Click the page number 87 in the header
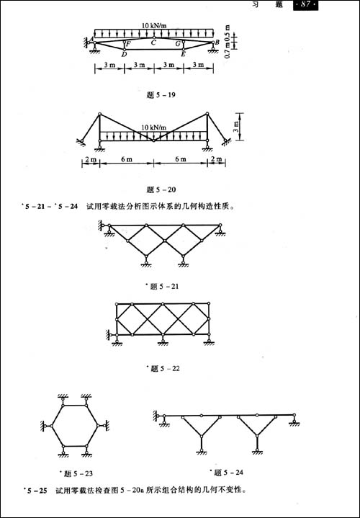pyautogui.click(x=305, y=5)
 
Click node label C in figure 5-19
pyautogui.click(x=153, y=43)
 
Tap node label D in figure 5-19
pyautogui.click(x=124, y=55)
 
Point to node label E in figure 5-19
pyautogui.click(x=183, y=55)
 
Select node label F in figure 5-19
pyautogui.click(x=128, y=43)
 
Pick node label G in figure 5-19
pyautogui.click(x=178, y=43)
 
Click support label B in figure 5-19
pyautogui.click(x=217, y=43)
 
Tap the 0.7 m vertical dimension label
pyautogui.click(x=228, y=52)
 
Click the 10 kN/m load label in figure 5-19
pyautogui.click(x=154, y=25)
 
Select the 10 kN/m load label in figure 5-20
pyautogui.click(x=154, y=128)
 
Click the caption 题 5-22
pyautogui.click(x=164, y=369)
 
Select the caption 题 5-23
pyautogui.click(x=76, y=474)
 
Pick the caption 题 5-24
pyautogui.click(x=227, y=473)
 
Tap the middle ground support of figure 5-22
pyautogui.click(x=163, y=340)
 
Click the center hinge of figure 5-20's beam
pyautogui.click(x=153, y=141)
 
